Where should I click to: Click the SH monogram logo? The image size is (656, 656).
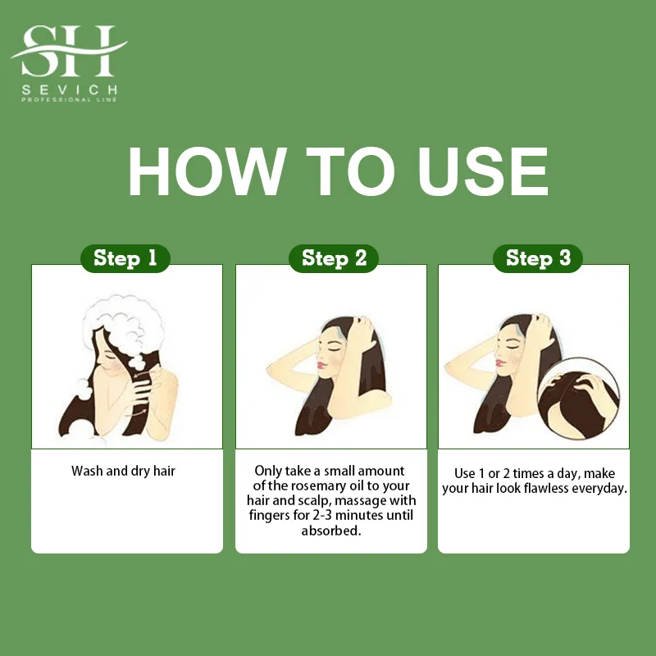click(69, 51)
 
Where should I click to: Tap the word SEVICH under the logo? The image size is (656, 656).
click(70, 89)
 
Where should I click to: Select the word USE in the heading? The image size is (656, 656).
click(483, 171)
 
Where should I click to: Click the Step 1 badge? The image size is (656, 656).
click(125, 258)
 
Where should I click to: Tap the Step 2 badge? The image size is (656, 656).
click(334, 258)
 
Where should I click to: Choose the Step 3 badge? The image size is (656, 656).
click(538, 258)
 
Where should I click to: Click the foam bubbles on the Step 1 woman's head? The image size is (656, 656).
click(124, 327)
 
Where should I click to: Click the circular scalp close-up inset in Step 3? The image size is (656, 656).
click(578, 399)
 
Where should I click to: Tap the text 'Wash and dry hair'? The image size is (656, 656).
click(123, 471)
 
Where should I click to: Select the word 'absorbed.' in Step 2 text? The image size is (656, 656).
click(331, 531)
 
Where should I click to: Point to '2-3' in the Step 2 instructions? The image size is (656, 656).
click(322, 515)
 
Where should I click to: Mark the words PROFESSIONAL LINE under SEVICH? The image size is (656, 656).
click(70, 99)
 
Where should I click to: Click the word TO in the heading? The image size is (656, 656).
click(351, 171)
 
